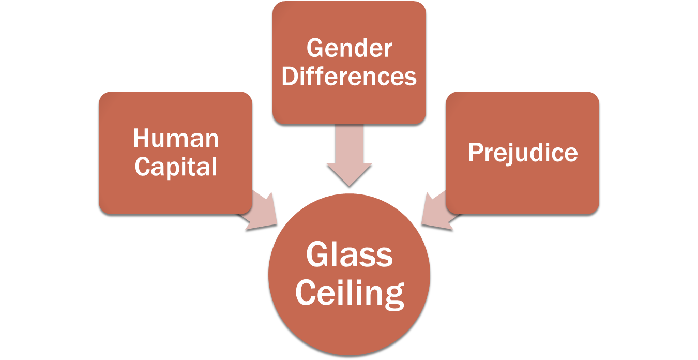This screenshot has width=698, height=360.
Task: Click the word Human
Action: point(176,139)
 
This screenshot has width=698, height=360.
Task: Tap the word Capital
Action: point(176,167)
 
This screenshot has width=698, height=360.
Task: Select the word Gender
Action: point(349,49)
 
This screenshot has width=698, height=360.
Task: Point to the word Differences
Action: point(349,77)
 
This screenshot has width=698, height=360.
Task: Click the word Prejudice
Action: point(522,153)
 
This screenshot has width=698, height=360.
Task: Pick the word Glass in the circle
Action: point(349,255)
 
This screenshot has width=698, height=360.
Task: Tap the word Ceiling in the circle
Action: point(349,293)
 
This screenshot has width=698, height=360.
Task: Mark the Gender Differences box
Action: point(349,21)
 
